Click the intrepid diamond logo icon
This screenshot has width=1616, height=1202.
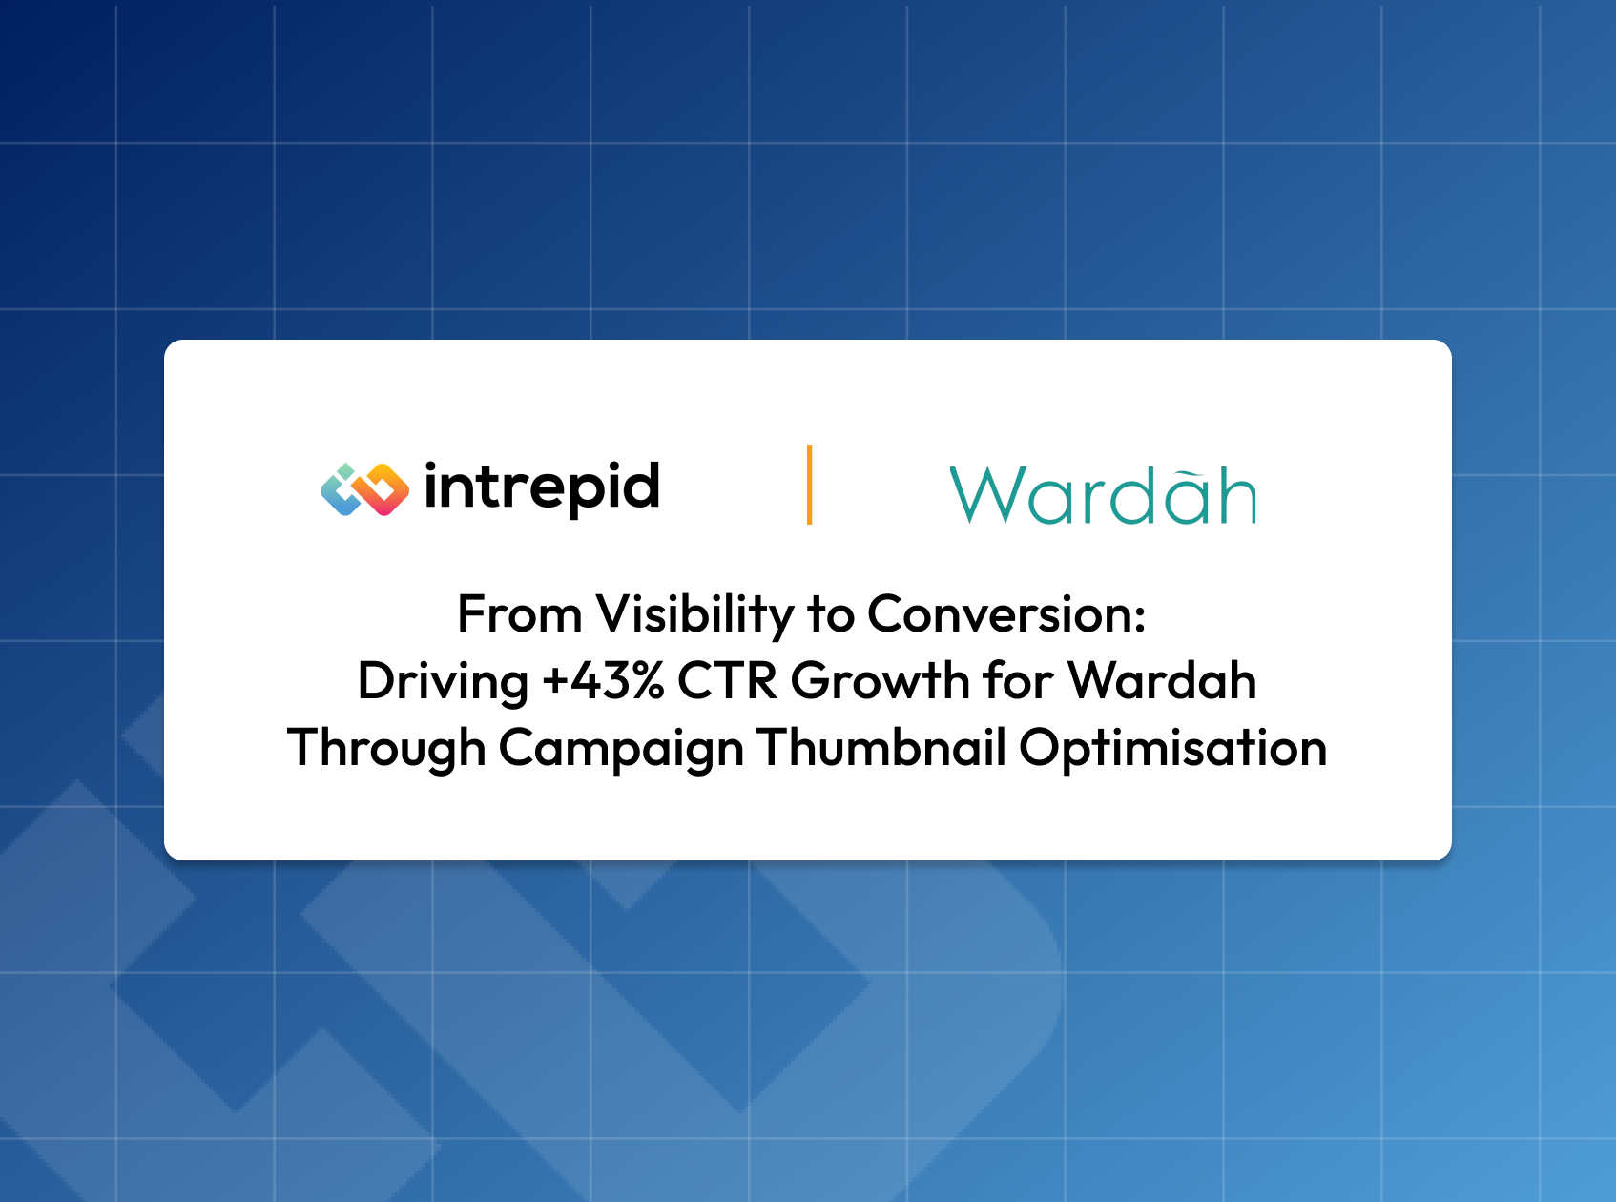(x=364, y=489)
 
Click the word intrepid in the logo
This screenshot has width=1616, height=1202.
(x=542, y=489)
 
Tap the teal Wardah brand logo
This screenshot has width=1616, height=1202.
(x=1103, y=495)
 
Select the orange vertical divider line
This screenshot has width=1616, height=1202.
(x=810, y=484)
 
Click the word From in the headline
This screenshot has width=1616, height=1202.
(x=520, y=613)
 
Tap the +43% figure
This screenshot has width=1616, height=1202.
(x=603, y=681)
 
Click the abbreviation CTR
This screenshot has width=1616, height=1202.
(x=727, y=681)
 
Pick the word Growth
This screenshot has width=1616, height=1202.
(x=881, y=681)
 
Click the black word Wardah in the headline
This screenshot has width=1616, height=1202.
(x=1162, y=681)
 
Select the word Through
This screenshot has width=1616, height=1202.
(x=386, y=749)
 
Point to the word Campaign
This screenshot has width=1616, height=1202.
(x=621, y=749)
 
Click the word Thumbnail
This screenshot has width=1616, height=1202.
(x=881, y=747)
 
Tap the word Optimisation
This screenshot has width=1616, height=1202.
(x=1173, y=749)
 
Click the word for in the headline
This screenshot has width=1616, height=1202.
(x=1018, y=681)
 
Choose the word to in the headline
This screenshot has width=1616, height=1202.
(x=830, y=615)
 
